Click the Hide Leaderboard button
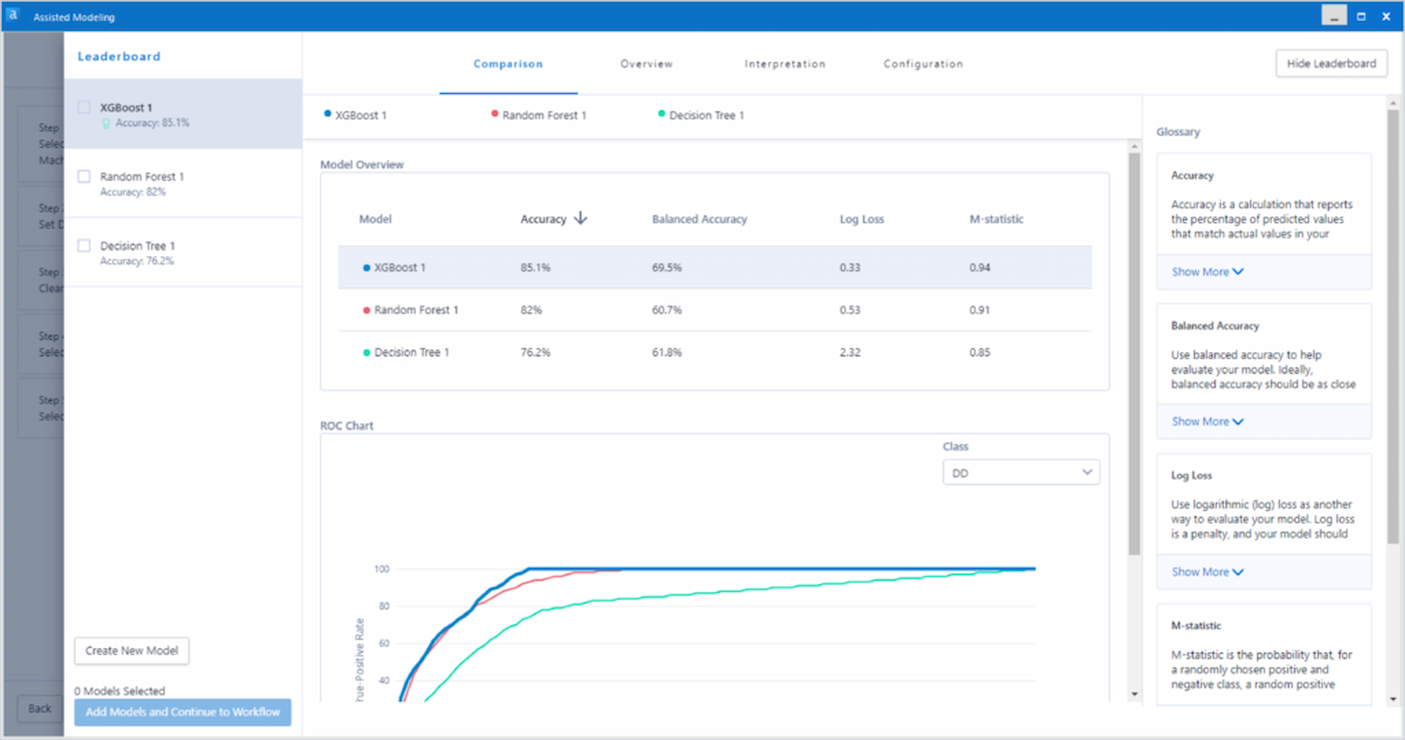point(1331,64)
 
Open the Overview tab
point(646,64)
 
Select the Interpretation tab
point(784,64)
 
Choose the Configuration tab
point(923,64)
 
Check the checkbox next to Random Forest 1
point(84,176)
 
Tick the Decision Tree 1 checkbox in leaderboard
point(84,246)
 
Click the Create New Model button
point(132,651)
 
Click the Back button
point(40,709)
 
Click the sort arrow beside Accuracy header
point(581,218)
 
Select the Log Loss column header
point(861,219)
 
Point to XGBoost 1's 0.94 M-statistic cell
point(980,268)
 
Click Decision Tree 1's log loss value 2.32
point(850,352)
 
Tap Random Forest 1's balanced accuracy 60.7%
point(666,310)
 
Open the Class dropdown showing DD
point(1021,472)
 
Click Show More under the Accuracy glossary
point(1207,271)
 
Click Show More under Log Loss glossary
point(1207,572)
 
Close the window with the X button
point(1386,16)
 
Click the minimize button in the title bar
point(1335,16)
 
